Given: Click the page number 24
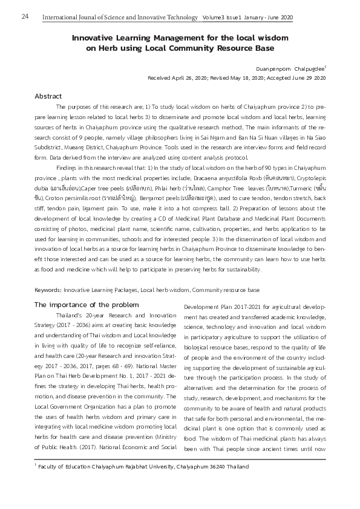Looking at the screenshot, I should (x=25, y=16).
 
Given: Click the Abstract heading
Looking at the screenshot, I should (x=48, y=96).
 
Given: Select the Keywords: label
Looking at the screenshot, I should (x=48, y=290).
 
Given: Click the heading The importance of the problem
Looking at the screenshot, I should (x=87, y=304).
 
